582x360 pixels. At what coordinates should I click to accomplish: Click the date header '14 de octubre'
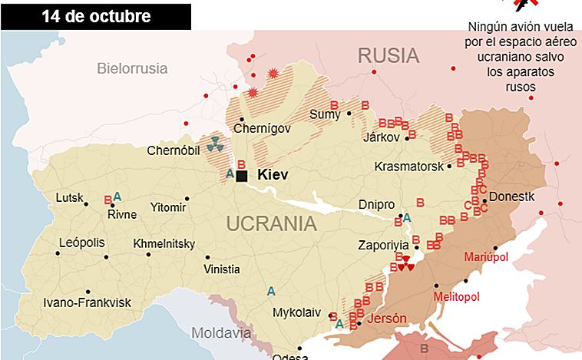[97, 15]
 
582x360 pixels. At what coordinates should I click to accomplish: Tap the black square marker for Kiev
[242, 176]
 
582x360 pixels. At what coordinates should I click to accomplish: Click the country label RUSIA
[389, 55]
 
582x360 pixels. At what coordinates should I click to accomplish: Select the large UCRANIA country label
[271, 224]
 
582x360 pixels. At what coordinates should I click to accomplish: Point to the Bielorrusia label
[132, 68]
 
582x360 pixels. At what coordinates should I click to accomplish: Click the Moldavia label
[220, 334]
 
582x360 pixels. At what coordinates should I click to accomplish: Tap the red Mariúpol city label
[486, 257]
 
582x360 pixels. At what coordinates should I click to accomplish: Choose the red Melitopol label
[456, 296]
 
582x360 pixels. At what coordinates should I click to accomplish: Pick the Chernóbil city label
[174, 150]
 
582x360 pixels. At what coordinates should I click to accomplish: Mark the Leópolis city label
[81, 243]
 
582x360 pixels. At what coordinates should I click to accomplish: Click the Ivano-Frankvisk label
[79, 302]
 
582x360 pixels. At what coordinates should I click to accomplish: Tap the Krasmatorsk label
[409, 167]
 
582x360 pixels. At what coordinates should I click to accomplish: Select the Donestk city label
[511, 197]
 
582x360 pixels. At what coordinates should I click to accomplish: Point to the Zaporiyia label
[385, 246]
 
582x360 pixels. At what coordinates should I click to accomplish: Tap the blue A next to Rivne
[117, 196]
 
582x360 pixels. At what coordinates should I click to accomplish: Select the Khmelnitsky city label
[164, 243]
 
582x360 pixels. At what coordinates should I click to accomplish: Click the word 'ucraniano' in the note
[504, 58]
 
